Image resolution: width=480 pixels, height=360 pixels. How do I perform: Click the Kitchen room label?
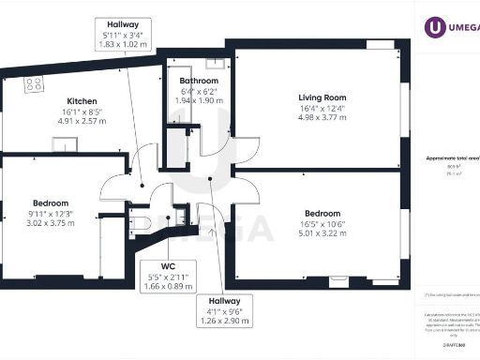click(x=82, y=101)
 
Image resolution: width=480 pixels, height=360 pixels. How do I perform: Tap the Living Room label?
click(x=322, y=97)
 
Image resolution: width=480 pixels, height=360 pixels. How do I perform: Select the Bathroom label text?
click(x=199, y=82)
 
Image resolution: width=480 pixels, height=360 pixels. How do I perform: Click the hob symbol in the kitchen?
click(x=34, y=84)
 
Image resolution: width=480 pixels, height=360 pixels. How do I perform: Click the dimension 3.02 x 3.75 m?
click(x=50, y=223)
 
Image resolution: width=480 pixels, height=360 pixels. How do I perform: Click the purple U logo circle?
click(x=435, y=27)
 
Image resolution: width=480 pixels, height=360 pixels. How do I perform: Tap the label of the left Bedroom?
click(x=50, y=202)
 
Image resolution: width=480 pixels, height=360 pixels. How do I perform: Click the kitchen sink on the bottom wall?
click(x=65, y=143)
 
